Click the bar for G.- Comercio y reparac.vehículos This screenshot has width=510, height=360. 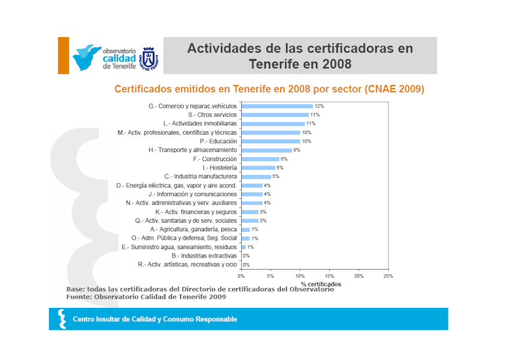point(277,106)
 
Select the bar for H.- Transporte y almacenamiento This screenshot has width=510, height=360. point(266,150)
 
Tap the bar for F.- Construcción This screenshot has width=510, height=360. point(259,159)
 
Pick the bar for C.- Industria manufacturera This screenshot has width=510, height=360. point(256,177)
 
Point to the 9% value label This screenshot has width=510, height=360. point(296,150)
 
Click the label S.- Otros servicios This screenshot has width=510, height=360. point(212,115)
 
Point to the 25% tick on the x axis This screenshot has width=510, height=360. point(388,276)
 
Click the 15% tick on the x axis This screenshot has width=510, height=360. point(329,276)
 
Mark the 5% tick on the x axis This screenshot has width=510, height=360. point(271,276)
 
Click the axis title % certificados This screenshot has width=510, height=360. point(321,284)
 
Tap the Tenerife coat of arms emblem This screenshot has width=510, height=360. point(148,59)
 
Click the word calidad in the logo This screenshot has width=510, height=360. point(119,59)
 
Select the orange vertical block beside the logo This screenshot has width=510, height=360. point(63,56)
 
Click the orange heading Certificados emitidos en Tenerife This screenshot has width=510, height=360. point(269,89)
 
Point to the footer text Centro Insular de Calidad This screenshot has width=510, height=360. point(154,319)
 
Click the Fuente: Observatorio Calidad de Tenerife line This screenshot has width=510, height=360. point(146,297)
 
